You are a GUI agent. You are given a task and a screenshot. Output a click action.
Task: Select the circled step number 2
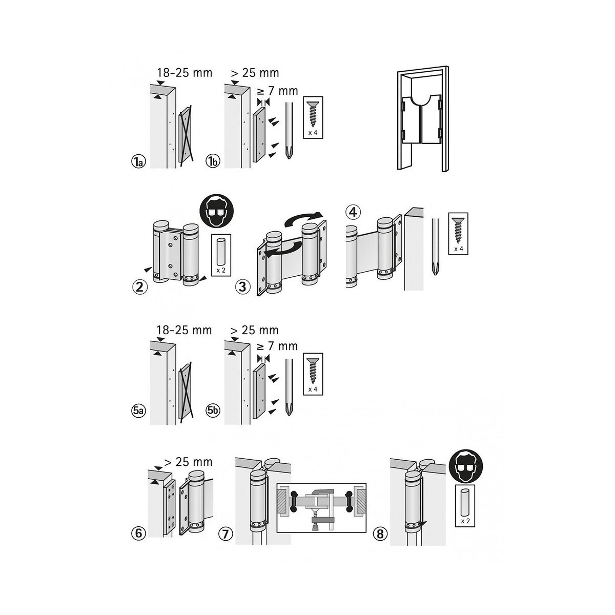[139, 287]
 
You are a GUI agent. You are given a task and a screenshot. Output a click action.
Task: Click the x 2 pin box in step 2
[221, 255]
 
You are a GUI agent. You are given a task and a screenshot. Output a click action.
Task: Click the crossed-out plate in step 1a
[186, 134]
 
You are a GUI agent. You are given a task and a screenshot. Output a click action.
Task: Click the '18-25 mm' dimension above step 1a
[185, 73]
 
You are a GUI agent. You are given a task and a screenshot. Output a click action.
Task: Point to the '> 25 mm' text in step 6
[187, 462]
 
